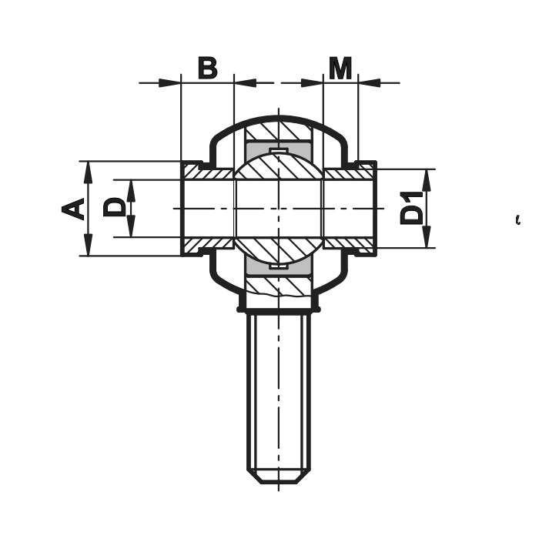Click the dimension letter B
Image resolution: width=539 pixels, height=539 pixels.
click(x=208, y=68)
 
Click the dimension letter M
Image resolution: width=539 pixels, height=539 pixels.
click(x=340, y=68)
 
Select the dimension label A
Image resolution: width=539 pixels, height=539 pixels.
click(x=73, y=209)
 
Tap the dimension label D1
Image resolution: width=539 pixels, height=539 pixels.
click(x=411, y=209)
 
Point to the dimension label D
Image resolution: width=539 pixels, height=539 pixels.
click(x=114, y=206)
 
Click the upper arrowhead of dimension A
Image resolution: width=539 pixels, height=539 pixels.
click(x=89, y=171)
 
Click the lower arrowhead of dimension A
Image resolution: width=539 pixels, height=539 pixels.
click(x=89, y=246)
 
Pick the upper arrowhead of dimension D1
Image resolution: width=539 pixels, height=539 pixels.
click(x=427, y=179)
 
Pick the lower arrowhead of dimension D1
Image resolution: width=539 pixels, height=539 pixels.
click(x=427, y=237)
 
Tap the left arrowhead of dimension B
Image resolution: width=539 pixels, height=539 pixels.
click(x=170, y=83)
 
